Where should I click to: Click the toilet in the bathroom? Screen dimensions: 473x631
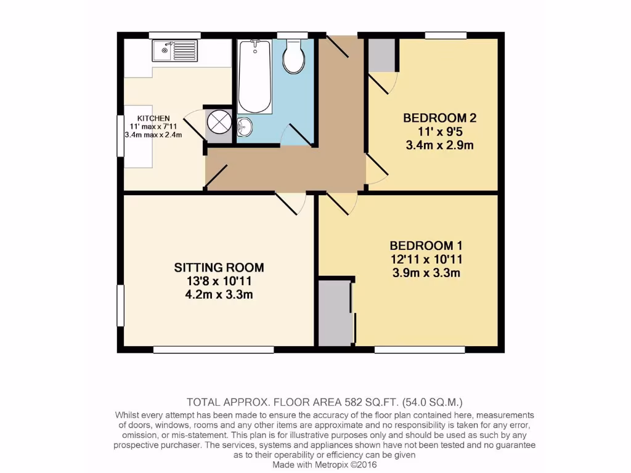(x=293, y=58)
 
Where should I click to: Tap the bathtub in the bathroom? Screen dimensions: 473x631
(x=254, y=77)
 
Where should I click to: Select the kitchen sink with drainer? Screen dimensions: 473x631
(x=174, y=51)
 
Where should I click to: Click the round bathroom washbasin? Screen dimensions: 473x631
(x=244, y=127)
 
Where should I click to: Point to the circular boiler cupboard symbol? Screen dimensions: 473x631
(x=219, y=121)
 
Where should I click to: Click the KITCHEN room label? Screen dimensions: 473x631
(x=153, y=118)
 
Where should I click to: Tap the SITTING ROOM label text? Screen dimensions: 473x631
(x=219, y=267)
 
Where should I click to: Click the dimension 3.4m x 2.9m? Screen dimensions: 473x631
(x=439, y=146)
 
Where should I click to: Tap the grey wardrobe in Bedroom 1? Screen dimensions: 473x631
(x=335, y=313)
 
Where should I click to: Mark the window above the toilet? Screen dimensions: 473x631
(x=292, y=35)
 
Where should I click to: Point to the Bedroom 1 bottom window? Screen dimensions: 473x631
(x=420, y=350)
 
